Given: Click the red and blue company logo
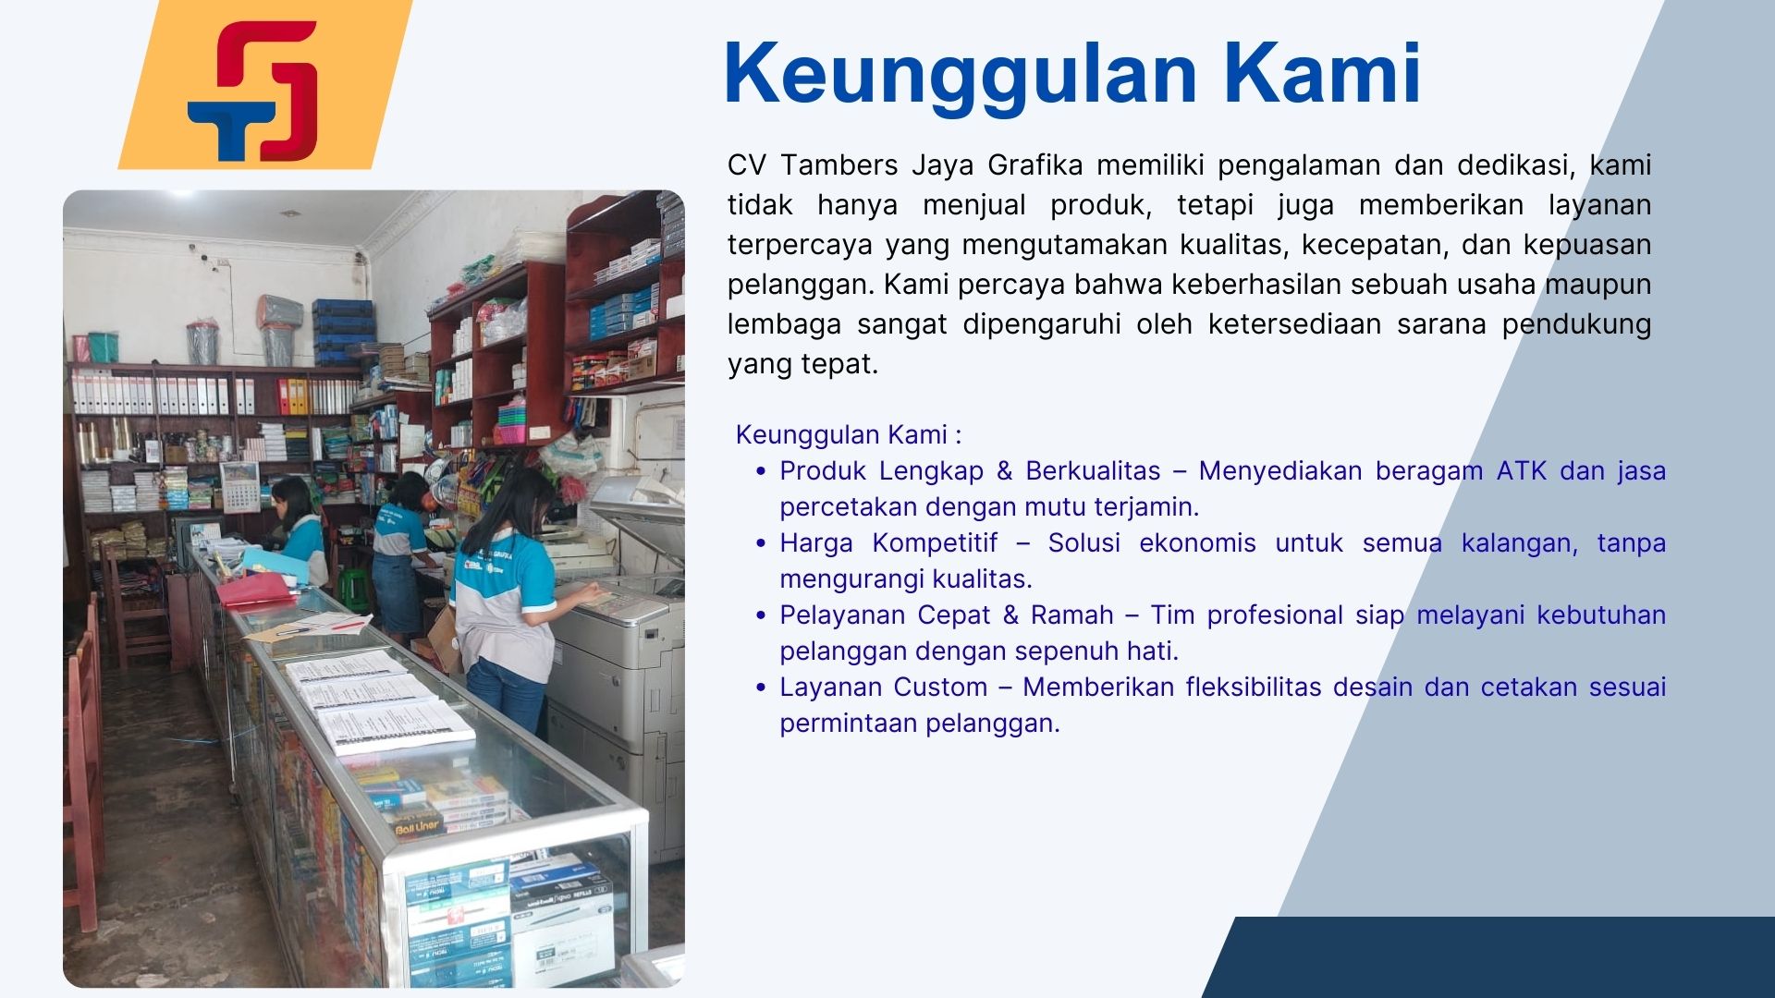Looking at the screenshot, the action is click(x=252, y=91).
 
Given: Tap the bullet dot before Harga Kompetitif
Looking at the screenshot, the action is click(x=761, y=543).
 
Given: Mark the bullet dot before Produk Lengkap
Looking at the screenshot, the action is click(x=761, y=471).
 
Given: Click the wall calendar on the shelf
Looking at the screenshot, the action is click(x=239, y=486).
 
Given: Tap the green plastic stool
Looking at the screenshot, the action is click(x=353, y=589).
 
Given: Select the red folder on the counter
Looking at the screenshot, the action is click(x=256, y=589).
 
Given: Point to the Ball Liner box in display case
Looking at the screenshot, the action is click(x=417, y=825).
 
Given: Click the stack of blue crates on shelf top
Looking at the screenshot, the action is click(x=343, y=331).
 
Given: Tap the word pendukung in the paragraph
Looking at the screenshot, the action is click(x=1576, y=325).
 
